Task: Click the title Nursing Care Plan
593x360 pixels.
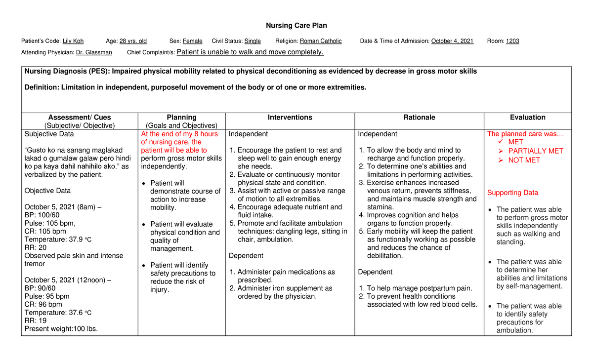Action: (x=296, y=25)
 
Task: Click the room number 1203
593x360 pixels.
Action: (x=512, y=41)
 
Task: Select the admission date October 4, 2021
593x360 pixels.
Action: (x=452, y=41)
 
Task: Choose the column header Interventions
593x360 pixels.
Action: (x=290, y=118)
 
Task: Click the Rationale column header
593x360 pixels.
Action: (x=419, y=118)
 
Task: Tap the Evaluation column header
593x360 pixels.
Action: (x=528, y=118)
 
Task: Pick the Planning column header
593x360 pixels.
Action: (x=181, y=118)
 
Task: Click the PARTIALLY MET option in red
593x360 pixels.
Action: (x=536, y=151)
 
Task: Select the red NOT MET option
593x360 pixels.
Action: (x=524, y=160)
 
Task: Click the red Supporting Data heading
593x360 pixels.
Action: (x=512, y=193)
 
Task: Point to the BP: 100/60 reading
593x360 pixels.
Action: (x=42, y=215)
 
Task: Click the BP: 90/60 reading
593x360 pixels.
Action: (x=40, y=288)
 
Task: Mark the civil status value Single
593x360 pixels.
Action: (x=253, y=41)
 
